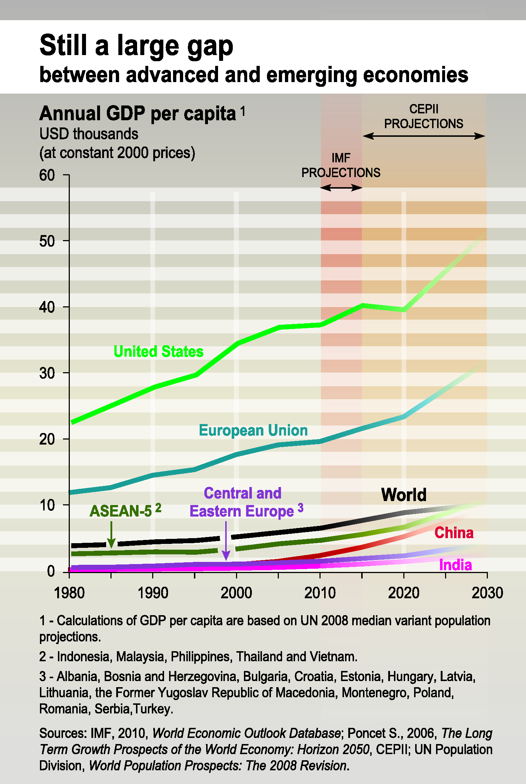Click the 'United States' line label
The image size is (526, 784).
click(158, 351)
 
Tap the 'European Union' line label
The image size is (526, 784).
click(253, 430)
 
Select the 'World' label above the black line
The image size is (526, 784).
click(404, 495)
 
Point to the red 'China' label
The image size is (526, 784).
click(454, 533)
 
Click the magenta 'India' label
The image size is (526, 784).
click(455, 565)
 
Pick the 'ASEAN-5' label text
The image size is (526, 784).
click(121, 511)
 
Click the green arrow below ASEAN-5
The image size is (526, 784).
click(112, 535)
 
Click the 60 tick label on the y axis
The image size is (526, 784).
click(47, 175)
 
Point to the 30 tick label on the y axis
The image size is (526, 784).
click(47, 373)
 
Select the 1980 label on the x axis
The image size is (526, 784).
click(69, 593)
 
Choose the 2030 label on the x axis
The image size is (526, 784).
click(487, 593)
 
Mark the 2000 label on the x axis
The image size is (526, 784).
click(236, 593)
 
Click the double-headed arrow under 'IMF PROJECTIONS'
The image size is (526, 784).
click(341, 188)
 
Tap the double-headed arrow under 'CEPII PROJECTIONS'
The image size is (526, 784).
click(424, 136)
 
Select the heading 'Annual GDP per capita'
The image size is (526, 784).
click(137, 114)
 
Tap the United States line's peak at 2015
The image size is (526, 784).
click(363, 306)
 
